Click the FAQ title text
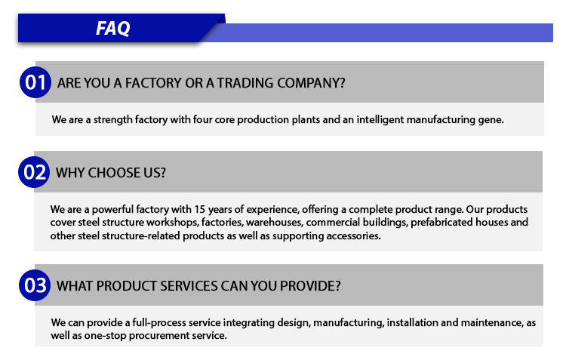tap(112, 28)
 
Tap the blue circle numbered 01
tap(35, 82)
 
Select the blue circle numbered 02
tap(34, 172)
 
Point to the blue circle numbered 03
tap(35, 285)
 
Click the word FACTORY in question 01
tap(153, 83)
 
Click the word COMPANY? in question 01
tap(311, 83)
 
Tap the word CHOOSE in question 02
tap(114, 173)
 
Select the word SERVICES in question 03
tap(189, 286)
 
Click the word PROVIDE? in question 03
tap(310, 286)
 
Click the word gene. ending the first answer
tap(491, 120)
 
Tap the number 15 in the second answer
tap(200, 209)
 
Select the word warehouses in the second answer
tap(274, 222)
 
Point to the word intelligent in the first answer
tap(380, 120)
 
